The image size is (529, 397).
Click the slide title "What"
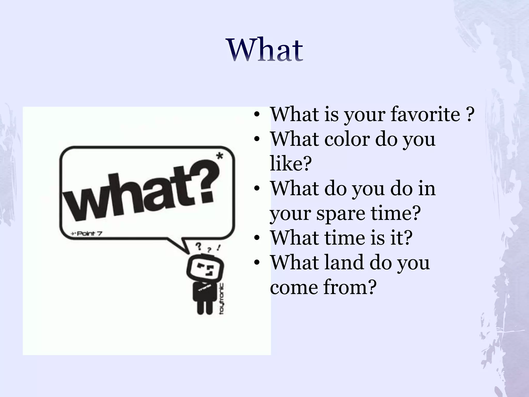[265, 50]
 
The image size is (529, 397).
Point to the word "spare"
[341, 213]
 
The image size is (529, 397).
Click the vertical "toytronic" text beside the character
[222, 299]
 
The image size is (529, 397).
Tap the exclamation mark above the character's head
[219, 247]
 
